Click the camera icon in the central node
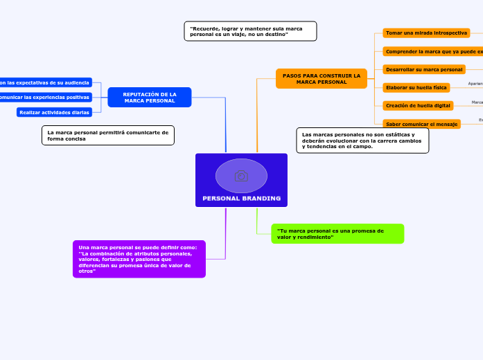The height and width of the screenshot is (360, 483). click(241, 176)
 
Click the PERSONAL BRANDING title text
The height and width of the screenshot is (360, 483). click(241, 198)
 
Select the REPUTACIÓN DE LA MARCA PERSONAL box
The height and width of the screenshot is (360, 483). click(150, 98)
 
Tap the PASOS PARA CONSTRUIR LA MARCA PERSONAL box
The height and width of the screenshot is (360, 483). click(321, 78)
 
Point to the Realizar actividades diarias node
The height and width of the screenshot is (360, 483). click(54, 112)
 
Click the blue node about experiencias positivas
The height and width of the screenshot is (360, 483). click(45, 98)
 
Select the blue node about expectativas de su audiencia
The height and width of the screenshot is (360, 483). click(45, 82)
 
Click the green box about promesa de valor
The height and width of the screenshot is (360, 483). click(337, 233)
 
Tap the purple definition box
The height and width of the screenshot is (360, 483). click(139, 259)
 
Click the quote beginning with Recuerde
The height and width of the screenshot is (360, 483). click(250, 31)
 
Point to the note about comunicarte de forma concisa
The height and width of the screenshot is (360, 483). click(107, 135)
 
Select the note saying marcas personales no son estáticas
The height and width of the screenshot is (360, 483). click(362, 141)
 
